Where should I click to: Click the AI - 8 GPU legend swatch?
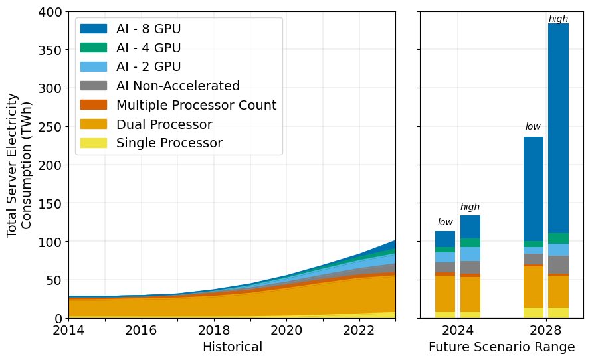(x=93, y=29)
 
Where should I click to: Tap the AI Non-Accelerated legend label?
(x=177, y=86)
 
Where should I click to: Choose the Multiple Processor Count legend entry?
(x=196, y=105)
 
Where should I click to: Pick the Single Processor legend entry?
(x=169, y=143)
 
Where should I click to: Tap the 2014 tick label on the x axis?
(x=68, y=329)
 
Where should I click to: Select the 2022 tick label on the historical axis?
(x=359, y=329)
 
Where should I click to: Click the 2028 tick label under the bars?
(x=547, y=329)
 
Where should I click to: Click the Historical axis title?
(x=232, y=347)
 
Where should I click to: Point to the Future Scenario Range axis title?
(x=502, y=347)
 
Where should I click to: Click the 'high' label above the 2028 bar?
(x=558, y=19)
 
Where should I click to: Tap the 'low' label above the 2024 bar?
(x=445, y=222)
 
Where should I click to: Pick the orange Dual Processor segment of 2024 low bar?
(x=445, y=293)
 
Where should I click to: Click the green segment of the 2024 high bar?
(x=470, y=242)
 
